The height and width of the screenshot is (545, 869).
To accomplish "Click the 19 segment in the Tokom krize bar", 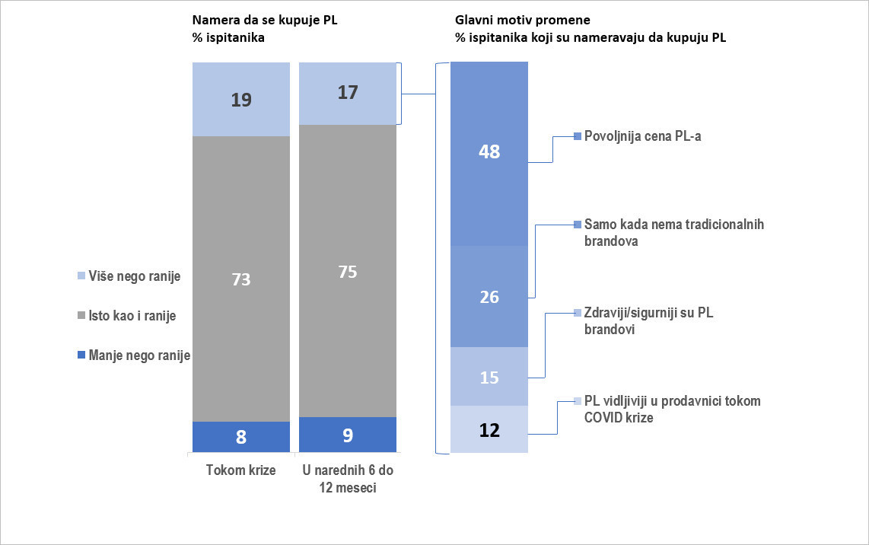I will tap(241, 99).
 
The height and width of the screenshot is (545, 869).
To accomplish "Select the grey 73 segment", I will tap(241, 279).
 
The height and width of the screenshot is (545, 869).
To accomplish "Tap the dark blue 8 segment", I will tap(241, 437).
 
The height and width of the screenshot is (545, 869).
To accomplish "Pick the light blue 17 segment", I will tap(348, 93).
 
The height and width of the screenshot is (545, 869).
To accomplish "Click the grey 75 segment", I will tap(348, 271).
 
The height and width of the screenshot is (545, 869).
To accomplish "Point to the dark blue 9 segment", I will tap(348, 435).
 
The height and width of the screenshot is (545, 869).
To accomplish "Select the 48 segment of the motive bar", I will tap(489, 152).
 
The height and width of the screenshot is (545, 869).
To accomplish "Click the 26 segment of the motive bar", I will tap(489, 297).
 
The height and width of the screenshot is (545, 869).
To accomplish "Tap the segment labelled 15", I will tap(489, 377).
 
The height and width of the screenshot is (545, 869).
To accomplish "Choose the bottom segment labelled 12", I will tap(489, 430).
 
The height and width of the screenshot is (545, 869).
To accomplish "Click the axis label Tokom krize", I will tap(241, 470).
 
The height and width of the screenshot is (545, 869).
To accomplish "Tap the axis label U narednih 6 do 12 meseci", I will tap(348, 479).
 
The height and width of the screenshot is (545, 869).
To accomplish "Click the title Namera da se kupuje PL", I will tap(264, 21).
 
